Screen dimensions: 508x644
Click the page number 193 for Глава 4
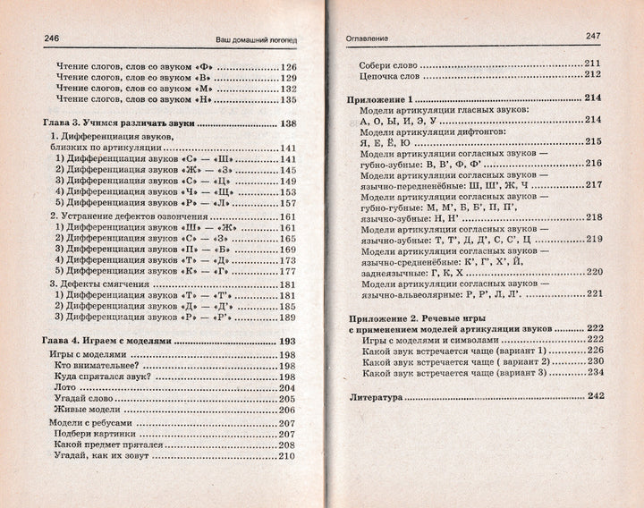click(288, 341)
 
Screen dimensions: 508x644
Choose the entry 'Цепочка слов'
click(389, 76)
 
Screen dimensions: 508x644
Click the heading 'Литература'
click(380, 394)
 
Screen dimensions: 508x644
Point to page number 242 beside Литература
click(596, 394)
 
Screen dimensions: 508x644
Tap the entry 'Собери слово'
click(389, 64)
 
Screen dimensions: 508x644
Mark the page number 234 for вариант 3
click(597, 372)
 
